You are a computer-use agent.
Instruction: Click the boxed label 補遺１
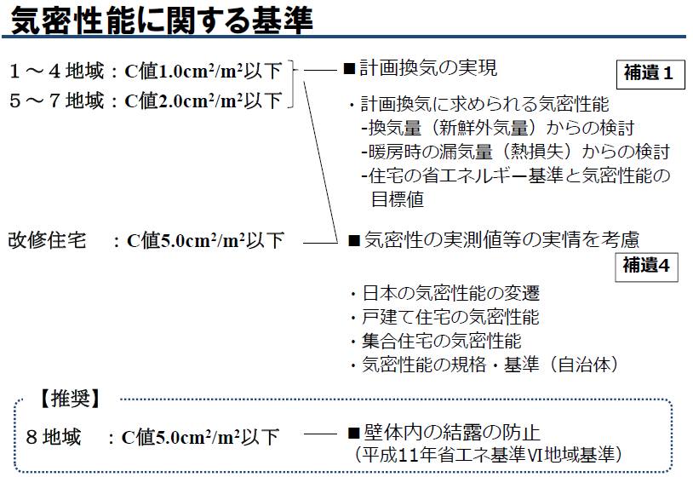650,74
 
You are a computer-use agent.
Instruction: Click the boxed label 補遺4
646,266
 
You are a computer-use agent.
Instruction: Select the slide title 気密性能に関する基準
162,20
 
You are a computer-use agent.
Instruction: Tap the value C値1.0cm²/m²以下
203,71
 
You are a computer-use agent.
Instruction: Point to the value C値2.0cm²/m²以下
203,101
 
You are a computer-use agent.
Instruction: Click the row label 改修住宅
48,240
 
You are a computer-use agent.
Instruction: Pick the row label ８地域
54,437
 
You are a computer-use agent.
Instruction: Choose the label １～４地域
57,71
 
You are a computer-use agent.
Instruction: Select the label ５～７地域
57,101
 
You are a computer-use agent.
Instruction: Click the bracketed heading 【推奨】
71,399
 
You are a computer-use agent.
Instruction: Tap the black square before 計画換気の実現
350,69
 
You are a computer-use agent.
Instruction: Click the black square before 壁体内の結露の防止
353,433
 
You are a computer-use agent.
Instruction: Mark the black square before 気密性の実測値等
354,240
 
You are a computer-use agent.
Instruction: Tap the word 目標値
398,199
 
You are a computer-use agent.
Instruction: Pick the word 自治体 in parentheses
583,365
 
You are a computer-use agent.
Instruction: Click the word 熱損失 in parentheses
537,152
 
